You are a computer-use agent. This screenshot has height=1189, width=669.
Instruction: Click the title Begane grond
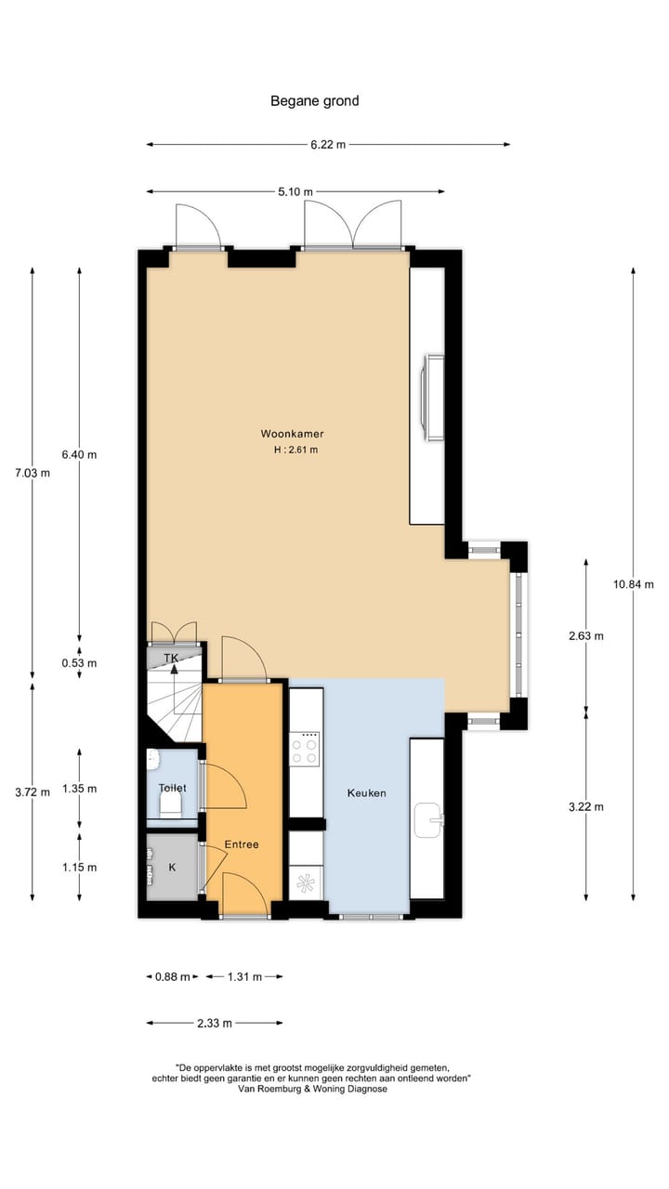(314, 100)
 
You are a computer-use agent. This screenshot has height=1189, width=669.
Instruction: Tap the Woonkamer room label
(292, 433)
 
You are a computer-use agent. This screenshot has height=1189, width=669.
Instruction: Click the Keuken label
(366, 793)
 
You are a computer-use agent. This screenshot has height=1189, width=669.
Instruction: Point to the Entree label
(242, 844)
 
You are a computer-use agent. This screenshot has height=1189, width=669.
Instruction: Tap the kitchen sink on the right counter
(428, 820)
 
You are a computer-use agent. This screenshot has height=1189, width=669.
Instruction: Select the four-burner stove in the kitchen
(306, 748)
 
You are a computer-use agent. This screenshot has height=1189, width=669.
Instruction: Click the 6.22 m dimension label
(328, 144)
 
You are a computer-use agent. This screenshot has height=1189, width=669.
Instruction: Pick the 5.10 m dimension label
(295, 191)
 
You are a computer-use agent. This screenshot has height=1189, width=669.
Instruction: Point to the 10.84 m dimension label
(634, 584)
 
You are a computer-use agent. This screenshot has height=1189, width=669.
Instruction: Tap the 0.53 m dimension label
(79, 663)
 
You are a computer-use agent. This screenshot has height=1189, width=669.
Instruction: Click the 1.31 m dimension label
(243, 976)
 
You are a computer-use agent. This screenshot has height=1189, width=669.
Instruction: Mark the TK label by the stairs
(171, 658)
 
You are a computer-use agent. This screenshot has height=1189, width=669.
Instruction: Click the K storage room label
(172, 868)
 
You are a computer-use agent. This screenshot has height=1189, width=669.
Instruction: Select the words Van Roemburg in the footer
(270, 1089)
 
